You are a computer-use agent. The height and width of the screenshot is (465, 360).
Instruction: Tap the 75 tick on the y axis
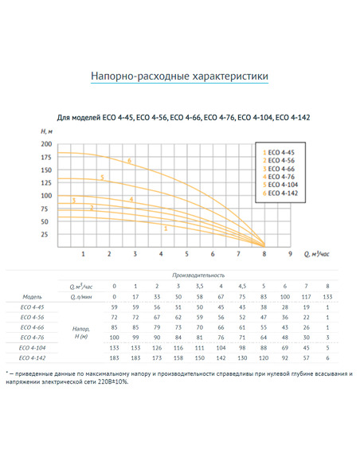click(x=46, y=209)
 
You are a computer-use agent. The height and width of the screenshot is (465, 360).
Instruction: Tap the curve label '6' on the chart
click(x=128, y=160)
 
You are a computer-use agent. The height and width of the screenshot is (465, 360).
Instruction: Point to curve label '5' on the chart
click(x=102, y=177)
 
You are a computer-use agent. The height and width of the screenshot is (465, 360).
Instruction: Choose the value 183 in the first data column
click(x=114, y=358)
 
